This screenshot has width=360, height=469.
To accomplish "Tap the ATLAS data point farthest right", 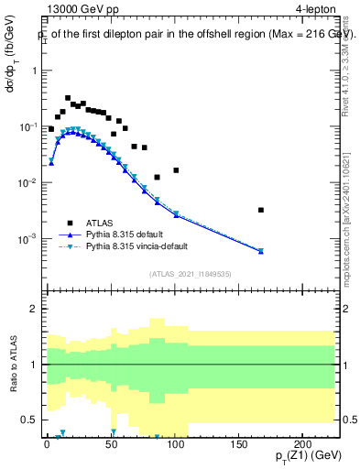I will [x=261, y=210].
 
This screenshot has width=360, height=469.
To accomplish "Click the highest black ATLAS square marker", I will [x=68, y=98].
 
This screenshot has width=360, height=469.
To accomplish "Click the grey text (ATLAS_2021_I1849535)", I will [x=191, y=273].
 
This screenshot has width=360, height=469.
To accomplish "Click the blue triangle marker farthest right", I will [x=261, y=251].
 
